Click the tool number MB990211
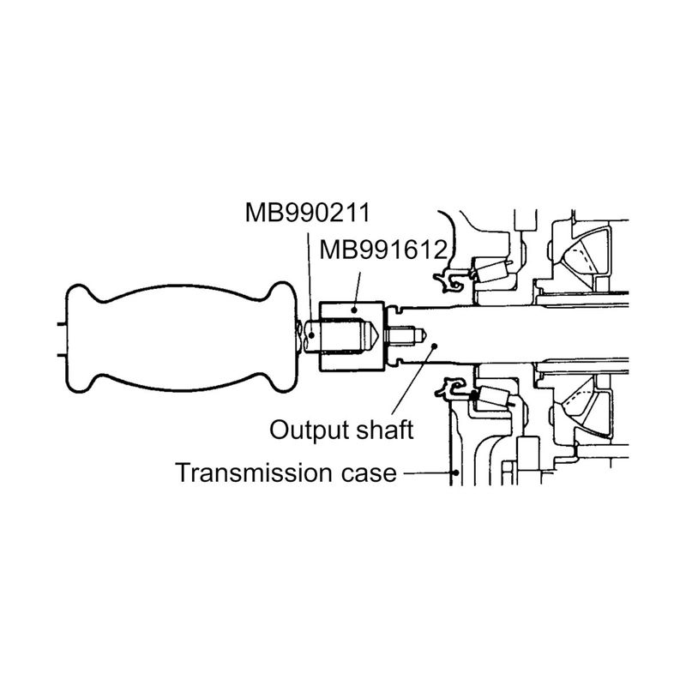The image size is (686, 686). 308,213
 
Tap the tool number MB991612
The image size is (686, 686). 383,250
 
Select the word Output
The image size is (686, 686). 310,430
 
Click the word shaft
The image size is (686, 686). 384,430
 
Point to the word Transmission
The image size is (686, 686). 255,473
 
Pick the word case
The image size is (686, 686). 369,474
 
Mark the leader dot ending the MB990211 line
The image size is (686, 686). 311,336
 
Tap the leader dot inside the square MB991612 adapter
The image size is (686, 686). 354,310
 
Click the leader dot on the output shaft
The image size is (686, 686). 435,346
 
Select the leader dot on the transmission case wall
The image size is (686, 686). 456,472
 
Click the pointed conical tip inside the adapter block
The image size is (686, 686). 371,336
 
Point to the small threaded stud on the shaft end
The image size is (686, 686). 405,335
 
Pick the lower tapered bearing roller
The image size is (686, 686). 496,397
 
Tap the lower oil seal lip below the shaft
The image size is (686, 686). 451,388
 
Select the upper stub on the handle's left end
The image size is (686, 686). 61,324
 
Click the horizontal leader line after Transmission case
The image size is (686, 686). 427,472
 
